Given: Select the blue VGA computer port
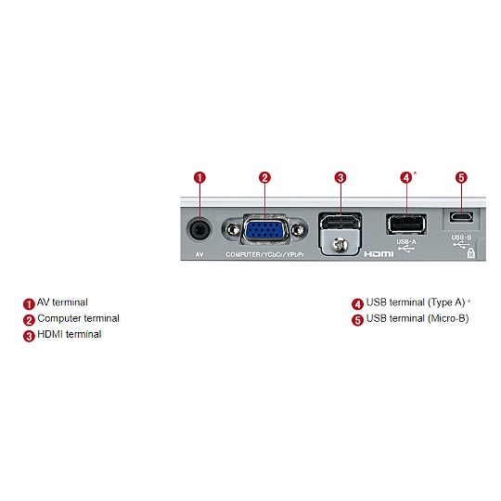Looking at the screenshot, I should pyautogui.click(x=264, y=230).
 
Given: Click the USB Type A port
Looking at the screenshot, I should pyautogui.click(x=405, y=225).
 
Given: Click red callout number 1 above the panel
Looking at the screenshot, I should pyautogui.click(x=199, y=177).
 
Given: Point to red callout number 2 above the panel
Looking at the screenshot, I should pyautogui.click(x=264, y=177).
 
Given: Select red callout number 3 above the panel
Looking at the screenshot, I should pyautogui.click(x=340, y=177).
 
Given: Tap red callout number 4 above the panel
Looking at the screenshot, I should pyautogui.click(x=405, y=177).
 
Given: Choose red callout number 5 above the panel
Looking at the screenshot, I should pyautogui.click(x=461, y=177).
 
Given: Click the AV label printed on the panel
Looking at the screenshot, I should pyautogui.click(x=199, y=253).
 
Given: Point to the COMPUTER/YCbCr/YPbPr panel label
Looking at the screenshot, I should pyautogui.click(x=264, y=253).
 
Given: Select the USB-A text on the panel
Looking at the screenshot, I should pyautogui.click(x=405, y=241).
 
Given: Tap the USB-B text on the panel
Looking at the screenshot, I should pyautogui.click(x=461, y=237).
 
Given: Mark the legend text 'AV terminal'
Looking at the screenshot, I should pyautogui.click(x=62, y=302).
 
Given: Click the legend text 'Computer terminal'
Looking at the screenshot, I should pyautogui.click(x=78, y=318).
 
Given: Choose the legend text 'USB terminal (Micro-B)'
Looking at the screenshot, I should pyautogui.click(x=417, y=319).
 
